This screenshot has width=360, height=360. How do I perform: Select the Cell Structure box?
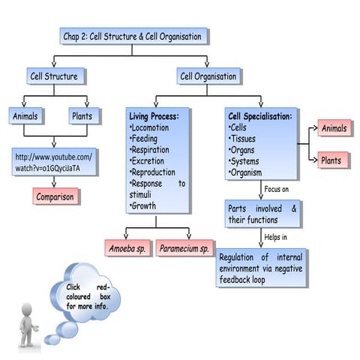tap(55, 76)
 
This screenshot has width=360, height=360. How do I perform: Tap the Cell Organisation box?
tap(208, 76)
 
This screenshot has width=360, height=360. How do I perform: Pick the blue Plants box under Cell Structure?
tap(83, 117)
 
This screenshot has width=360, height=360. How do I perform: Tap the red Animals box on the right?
tap(334, 128)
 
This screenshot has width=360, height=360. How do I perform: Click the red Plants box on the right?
tap(331, 160)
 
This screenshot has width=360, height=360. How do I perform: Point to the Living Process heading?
tap(154, 117)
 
